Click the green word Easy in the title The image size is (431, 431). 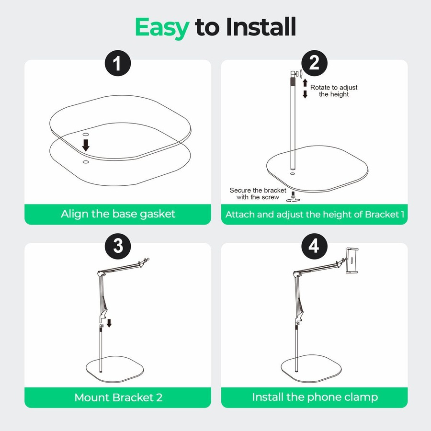162,27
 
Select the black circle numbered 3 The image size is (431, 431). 118,247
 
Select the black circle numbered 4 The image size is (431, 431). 314,247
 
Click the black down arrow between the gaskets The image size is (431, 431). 86,145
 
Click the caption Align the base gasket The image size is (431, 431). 118,214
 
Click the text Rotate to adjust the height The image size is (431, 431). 334,91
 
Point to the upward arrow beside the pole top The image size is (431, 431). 305,83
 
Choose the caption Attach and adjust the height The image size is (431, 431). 314,214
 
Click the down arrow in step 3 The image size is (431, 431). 109,323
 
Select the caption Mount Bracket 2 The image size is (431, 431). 118,397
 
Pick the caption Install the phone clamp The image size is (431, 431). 314,397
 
